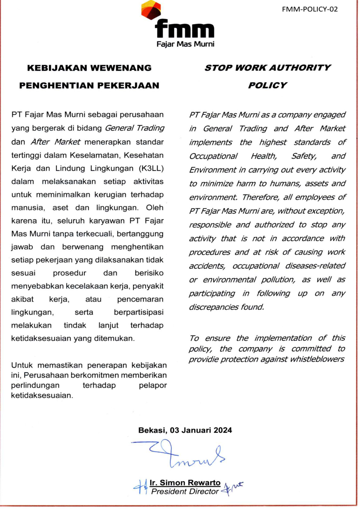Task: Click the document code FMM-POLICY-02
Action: tap(309, 9)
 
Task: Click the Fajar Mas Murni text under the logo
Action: tap(185, 44)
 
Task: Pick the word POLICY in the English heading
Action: tap(267, 85)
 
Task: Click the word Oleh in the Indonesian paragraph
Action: tap(155, 208)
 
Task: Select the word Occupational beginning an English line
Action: tap(213, 156)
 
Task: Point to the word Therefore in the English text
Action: tap(261, 197)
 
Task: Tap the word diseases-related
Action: tap(315, 266)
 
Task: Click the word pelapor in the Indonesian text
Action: tap(153, 385)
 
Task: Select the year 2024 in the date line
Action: tap(222, 430)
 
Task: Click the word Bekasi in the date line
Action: tap(152, 430)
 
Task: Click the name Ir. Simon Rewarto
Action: tap(185, 483)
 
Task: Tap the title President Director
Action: tap(185, 491)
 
